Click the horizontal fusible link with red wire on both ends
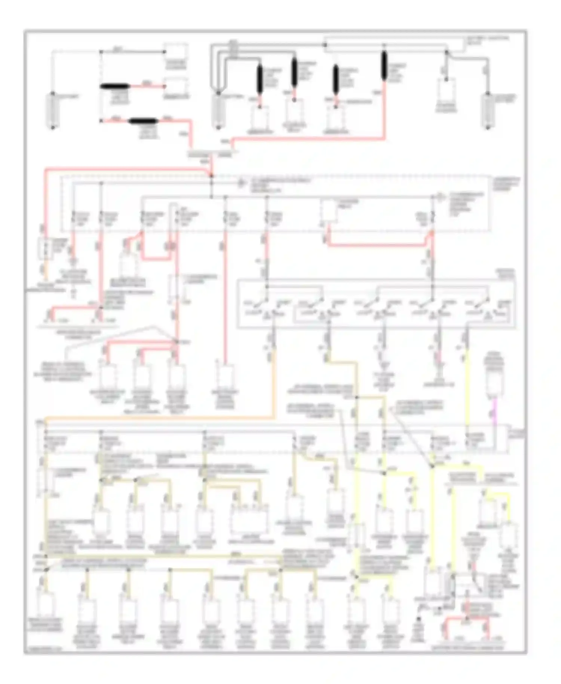[x=144, y=121]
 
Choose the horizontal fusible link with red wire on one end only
[x=115, y=87]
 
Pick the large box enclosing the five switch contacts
[x=376, y=304]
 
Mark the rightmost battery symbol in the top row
[x=488, y=111]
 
